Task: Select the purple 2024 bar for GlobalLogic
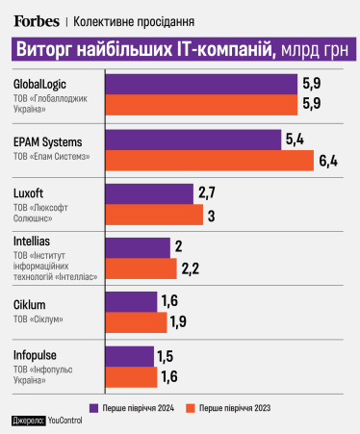(x=200, y=84)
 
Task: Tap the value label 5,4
(x=294, y=140)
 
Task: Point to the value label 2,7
(x=206, y=194)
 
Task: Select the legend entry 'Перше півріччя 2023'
(x=243, y=405)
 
